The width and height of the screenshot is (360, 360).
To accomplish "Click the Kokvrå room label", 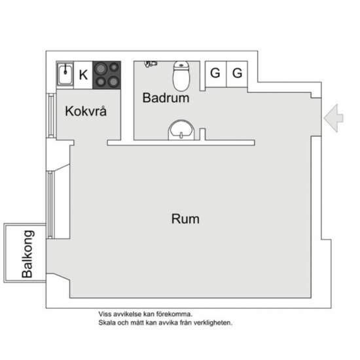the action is click(x=86, y=111).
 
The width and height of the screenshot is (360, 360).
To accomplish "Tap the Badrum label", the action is click(x=166, y=98).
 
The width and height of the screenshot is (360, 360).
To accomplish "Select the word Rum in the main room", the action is click(x=185, y=219).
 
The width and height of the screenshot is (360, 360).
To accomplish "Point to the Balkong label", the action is click(x=27, y=254).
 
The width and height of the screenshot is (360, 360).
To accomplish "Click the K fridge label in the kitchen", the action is click(x=83, y=75).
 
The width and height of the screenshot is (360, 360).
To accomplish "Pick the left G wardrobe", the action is click(x=215, y=74).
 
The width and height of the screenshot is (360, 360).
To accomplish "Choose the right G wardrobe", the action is click(x=237, y=74).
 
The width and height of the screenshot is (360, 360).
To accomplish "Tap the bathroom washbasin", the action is click(x=181, y=130).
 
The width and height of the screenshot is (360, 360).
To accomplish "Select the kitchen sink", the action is click(x=65, y=75).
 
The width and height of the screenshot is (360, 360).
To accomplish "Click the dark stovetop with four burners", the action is click(x=107, y=75).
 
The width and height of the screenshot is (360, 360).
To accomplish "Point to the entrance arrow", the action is click(x=334, y=118).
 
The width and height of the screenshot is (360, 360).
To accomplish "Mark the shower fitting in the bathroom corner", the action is click(x=151, y=63).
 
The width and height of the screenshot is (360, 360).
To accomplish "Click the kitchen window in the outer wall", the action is click(x=51, y=116).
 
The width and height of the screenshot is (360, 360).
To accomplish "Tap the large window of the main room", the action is click(x=50, y=205).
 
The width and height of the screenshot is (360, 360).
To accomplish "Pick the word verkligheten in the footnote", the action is click(x=213, y=323).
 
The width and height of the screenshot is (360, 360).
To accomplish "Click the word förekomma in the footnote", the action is click(x=175, y=314).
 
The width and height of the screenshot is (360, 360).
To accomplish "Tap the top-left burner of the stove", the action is click(x=101, y=69).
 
